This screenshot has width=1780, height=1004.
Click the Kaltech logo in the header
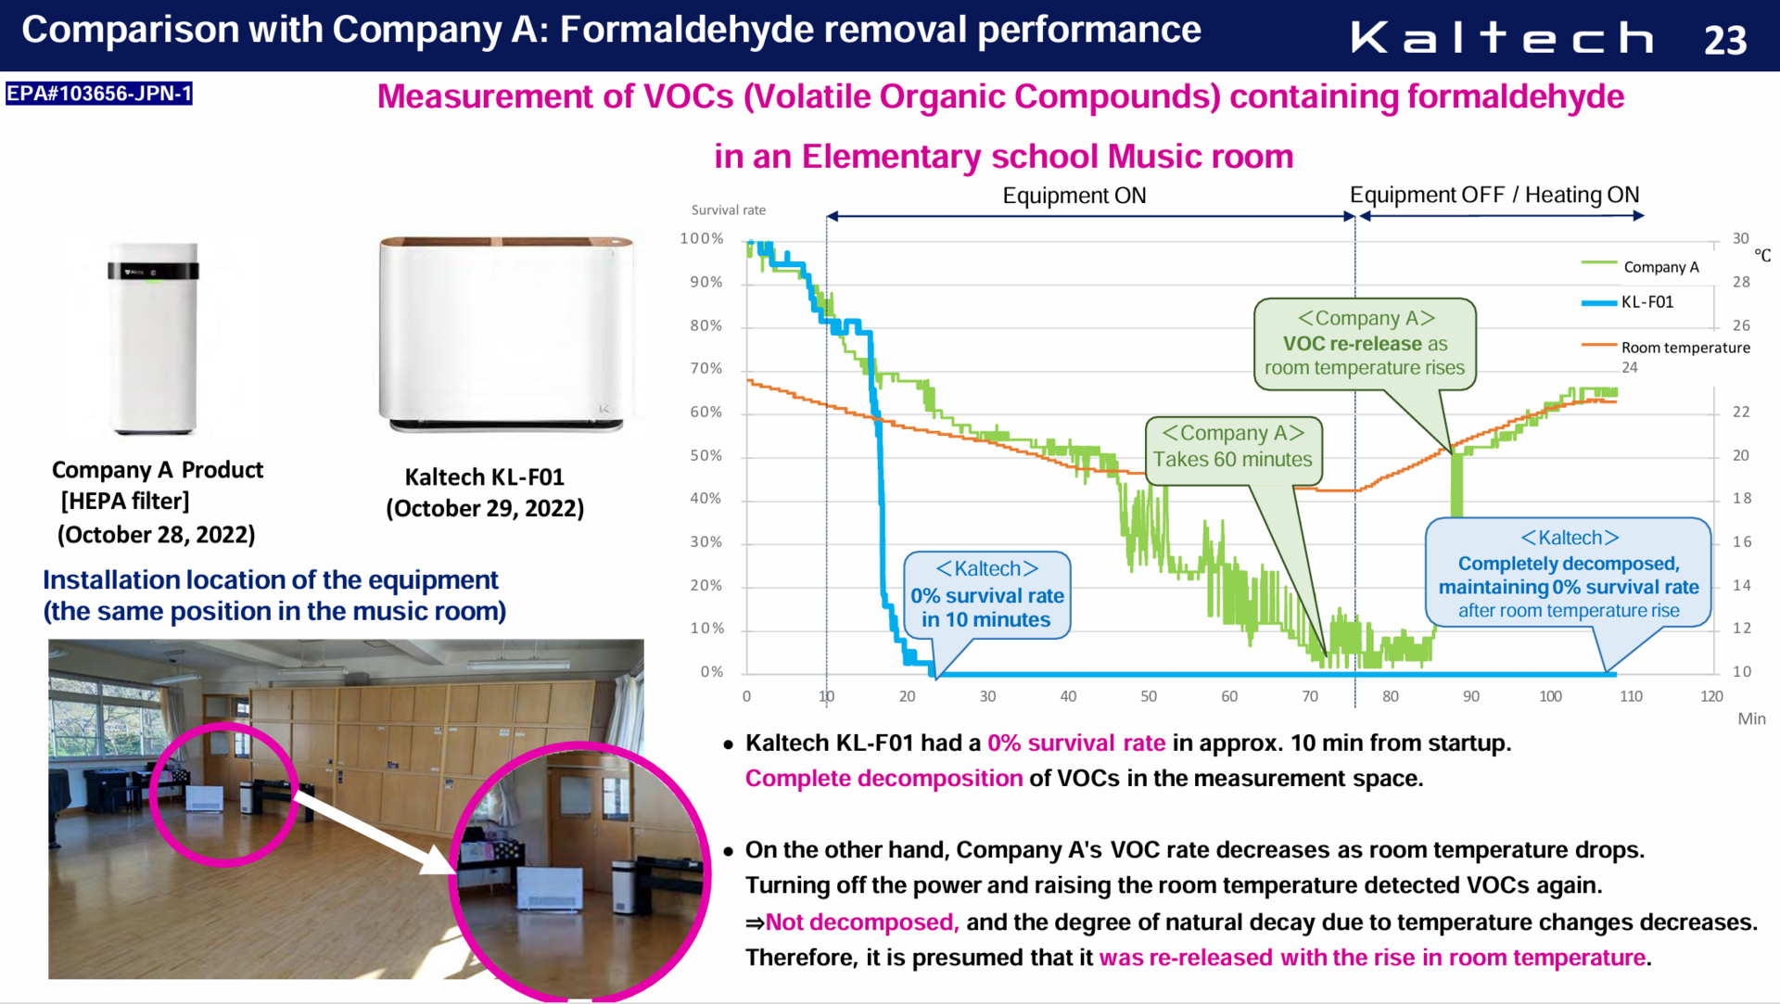(1502, 38)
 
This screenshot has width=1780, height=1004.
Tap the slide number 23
(1725, 40)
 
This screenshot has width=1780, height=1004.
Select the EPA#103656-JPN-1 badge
(99, 94)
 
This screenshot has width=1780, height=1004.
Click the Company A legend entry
(1640, 267)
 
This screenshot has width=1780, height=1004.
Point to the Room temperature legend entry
(1666, 347)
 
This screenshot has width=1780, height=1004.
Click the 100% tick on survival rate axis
(702, 238)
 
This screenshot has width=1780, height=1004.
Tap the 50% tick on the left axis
(706, 455)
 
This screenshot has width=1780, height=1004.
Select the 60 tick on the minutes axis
(1229, 696)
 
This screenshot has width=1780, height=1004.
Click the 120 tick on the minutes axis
(1711, 696)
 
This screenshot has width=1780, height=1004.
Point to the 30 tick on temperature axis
(1741, 238)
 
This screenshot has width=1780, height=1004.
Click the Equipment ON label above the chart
(1074, 196)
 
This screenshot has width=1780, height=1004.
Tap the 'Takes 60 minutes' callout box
(1233, 451)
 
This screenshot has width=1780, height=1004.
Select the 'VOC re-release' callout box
(1365, 344)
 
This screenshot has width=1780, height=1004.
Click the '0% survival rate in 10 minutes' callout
(987, 595)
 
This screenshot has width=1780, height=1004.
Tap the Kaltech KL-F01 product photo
(506, 334)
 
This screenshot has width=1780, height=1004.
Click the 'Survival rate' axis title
(729, 210)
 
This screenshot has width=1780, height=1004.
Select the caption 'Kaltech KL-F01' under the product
(485, 477)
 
